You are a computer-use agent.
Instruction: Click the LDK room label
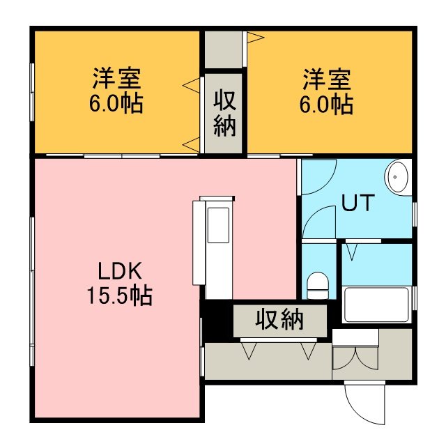pos(120,271)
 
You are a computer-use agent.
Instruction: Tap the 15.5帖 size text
pos(120,295)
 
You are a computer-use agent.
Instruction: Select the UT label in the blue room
pos(357,203)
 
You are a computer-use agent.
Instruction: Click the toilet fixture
pos(318,285)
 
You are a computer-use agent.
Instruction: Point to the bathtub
pos(376,305)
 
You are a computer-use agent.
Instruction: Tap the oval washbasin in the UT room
pos(397,177)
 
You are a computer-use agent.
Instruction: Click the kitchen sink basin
pos(218,225)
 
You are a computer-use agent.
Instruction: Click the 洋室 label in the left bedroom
pos(117,78)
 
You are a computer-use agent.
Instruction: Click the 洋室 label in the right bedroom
pos(327,79)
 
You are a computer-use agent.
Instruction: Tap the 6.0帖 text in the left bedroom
pos(116,104)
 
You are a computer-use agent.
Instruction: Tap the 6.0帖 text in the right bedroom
pos(326,105)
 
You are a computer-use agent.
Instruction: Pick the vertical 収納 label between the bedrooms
pos(224,113)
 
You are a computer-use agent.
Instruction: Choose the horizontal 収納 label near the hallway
pos(279,320)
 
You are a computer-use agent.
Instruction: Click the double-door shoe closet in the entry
pos(355,357)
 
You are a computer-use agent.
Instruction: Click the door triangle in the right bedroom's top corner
pos(256,37)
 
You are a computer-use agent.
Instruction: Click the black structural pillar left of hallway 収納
pos(218,321)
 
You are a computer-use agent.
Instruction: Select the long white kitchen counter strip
pos(199,243)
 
